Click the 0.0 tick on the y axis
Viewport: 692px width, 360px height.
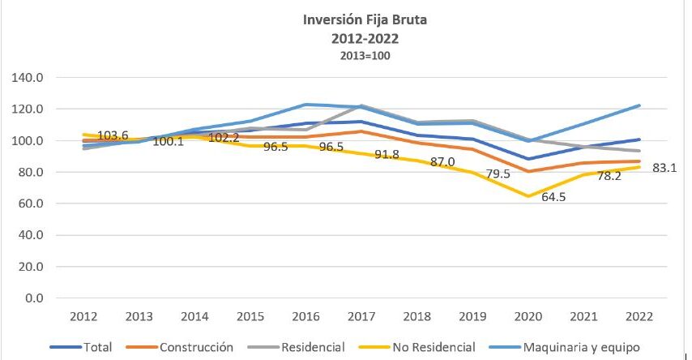(x=33, y=298)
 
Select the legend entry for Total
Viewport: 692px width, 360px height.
(x=81, y=347)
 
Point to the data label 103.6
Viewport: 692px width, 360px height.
(x=113, y=135)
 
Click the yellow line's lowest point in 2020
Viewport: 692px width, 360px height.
(x=529, y=196)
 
